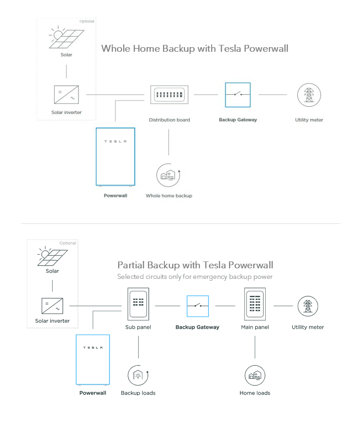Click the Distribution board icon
pyautogui.click(x=169, y=95)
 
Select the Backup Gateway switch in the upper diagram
pyautogui.click(x=238, y=95)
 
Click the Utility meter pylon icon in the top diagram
pyautogui.click(x=309, y=95)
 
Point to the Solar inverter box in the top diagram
pyautogui.click(x=66, y=95)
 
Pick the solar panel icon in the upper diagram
pyautogui.click(x=67, y=38)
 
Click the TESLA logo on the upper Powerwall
pyautogui.click(x=115, y=141)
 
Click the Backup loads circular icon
pyautogui.click(x=138, y=375)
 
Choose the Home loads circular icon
pyautogui.click(x=255, y=375)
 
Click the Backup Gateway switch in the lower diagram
pyautogui.click(x=198, y=306)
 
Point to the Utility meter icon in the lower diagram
pyautogui.click(x=308, y=306)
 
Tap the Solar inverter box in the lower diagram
pyautogui.click(x=52, y=305)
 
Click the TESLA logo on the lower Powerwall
pyautogui.click(x=93, y=348)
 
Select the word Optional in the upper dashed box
pyautogui.click(x=87, y=22)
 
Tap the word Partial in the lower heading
pyautogui.click(x=131, y=265)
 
